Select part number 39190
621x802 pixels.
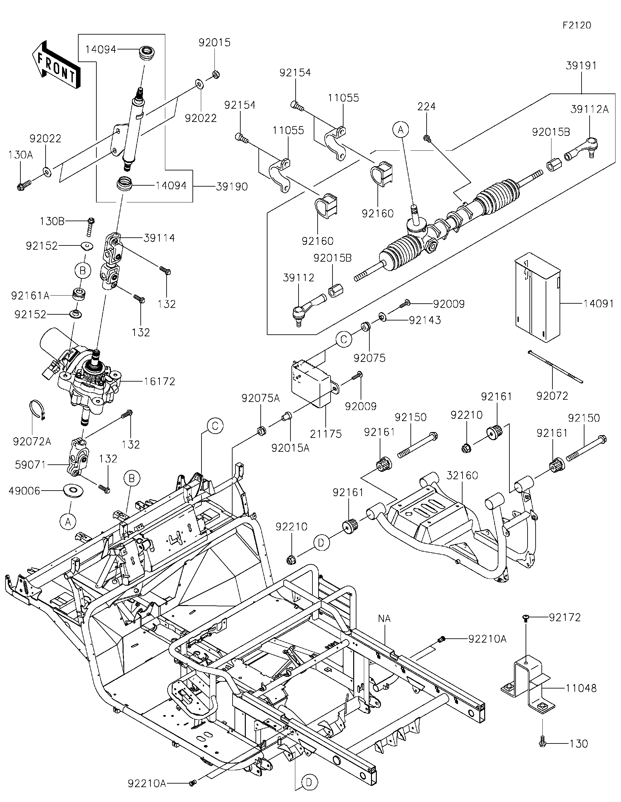(x=232, y=187)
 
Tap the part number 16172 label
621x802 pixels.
(x=159, y=381)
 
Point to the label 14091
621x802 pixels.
(x=599, y=304)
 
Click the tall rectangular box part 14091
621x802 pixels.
(x=537, y=298)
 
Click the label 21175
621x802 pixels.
(x=326, y=434)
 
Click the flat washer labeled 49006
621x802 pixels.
(x=73, y=490)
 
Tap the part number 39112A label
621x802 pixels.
(x=589, y=109)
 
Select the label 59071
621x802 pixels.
(x=30, y=465)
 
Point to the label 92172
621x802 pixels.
(x=565, y=618)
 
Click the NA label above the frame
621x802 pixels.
(x=384, y=618)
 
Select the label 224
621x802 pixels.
(x=426, y=106)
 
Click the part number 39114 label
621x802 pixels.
(x=159, y=238)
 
